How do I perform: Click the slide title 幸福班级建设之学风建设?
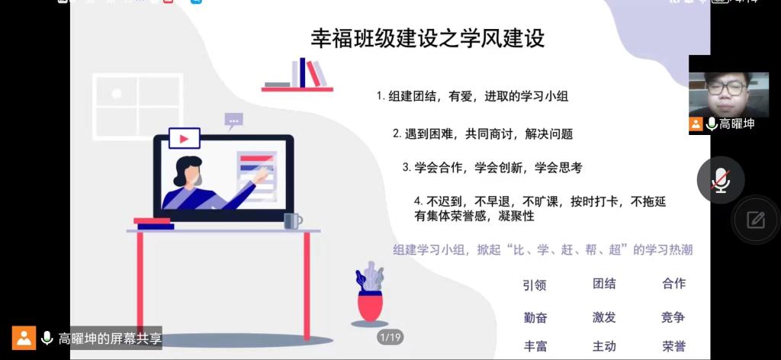tap(427, 38)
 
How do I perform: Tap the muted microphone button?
tap(720, 180)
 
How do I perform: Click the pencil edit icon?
tap(756, 220)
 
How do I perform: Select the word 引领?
tap(535, 284)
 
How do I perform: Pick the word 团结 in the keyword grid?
tap(604, 284)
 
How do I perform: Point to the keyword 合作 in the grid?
tap(674, 284)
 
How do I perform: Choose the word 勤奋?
tap(535, 318)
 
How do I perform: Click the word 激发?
tap(604, 317)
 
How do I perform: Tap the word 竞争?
tap(673, 317)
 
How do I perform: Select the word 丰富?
tap(535, 346)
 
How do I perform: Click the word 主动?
tap(604, 346)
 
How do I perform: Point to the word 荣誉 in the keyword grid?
tap(674, 346)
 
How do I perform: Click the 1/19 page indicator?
tap(390, 338)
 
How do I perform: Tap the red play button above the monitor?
tap(185, 138)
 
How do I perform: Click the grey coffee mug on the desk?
tap(293, 221)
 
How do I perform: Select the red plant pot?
tap(370, 306)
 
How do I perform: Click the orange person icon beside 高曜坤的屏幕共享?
tap(24, 338)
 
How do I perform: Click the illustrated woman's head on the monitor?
tap(189, 171)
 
